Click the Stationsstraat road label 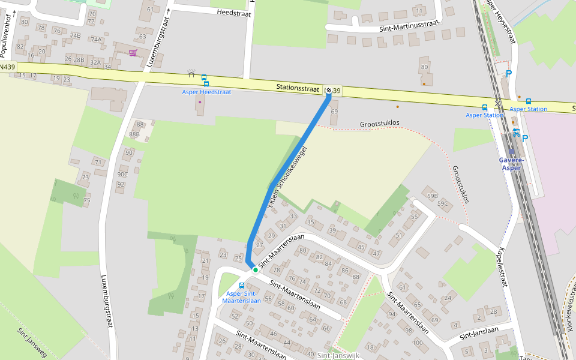pos(298,88)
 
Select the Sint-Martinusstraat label pos(409,26)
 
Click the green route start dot pos(256,270)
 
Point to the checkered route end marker pos(329,90)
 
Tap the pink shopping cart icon pos(133,53)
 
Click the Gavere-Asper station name pos(512,164)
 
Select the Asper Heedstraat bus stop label pos(206,92)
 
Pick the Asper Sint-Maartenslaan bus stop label pos(241,296)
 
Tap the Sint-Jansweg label pos(32,343)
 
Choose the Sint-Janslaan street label pos(479,332)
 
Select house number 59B pos(432,196)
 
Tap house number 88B pos(134,134)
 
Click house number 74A pos(96,39)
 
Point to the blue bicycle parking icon pos(516,133)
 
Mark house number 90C pos(122,174)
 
